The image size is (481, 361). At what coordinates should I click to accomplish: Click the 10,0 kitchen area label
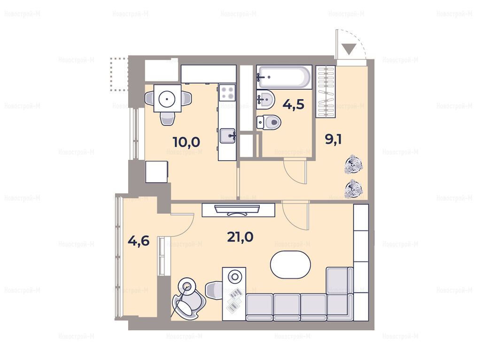[186, 142]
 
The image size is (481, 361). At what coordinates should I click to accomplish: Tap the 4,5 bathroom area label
[294, 104]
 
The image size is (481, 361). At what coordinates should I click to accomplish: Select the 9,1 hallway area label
[333, 140]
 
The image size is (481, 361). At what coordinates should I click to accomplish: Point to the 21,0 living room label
[240, 237]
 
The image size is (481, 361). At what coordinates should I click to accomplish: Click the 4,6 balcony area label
[139, 241]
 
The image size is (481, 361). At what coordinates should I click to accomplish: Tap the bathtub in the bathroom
[284, 77]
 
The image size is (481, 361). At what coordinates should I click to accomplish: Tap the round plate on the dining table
[167, 99]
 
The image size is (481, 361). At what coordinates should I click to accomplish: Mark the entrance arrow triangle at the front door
[349, 49]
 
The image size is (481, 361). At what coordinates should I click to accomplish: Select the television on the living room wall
[238, 211]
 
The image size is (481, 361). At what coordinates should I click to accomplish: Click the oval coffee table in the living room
[290, 265]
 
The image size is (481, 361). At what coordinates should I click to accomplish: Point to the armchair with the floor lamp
[187, 299]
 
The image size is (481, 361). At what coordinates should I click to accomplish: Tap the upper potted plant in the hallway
[353, 165]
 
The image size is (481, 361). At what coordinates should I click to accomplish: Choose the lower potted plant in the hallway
[354, 188]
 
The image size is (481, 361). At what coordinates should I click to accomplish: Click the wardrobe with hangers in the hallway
[326, 91]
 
